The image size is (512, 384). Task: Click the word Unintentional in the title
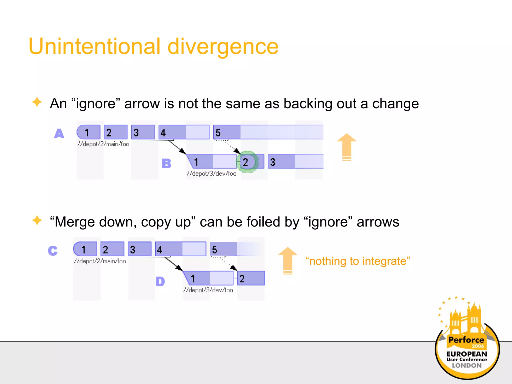click(94, 46)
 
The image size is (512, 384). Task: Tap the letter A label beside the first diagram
click(59, 133)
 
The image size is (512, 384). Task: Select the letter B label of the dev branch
click(166, 163)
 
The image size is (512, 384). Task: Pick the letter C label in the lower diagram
click(53, 251)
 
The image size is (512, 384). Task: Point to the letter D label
click(160, 281)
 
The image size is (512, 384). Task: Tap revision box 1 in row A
click(89, 132)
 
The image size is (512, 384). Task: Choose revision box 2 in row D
click(251, 278)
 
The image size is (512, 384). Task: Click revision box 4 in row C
click(180, 249)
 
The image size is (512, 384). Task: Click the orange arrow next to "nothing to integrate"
click(288, 260)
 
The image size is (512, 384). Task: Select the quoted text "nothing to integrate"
click(357, 261)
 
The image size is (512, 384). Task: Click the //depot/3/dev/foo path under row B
click(211, 173)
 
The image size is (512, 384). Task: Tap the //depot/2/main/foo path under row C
click(100, 261)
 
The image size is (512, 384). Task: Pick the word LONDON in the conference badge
click(466, 365)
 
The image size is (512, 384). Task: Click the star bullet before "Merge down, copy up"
click(37, 220)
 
